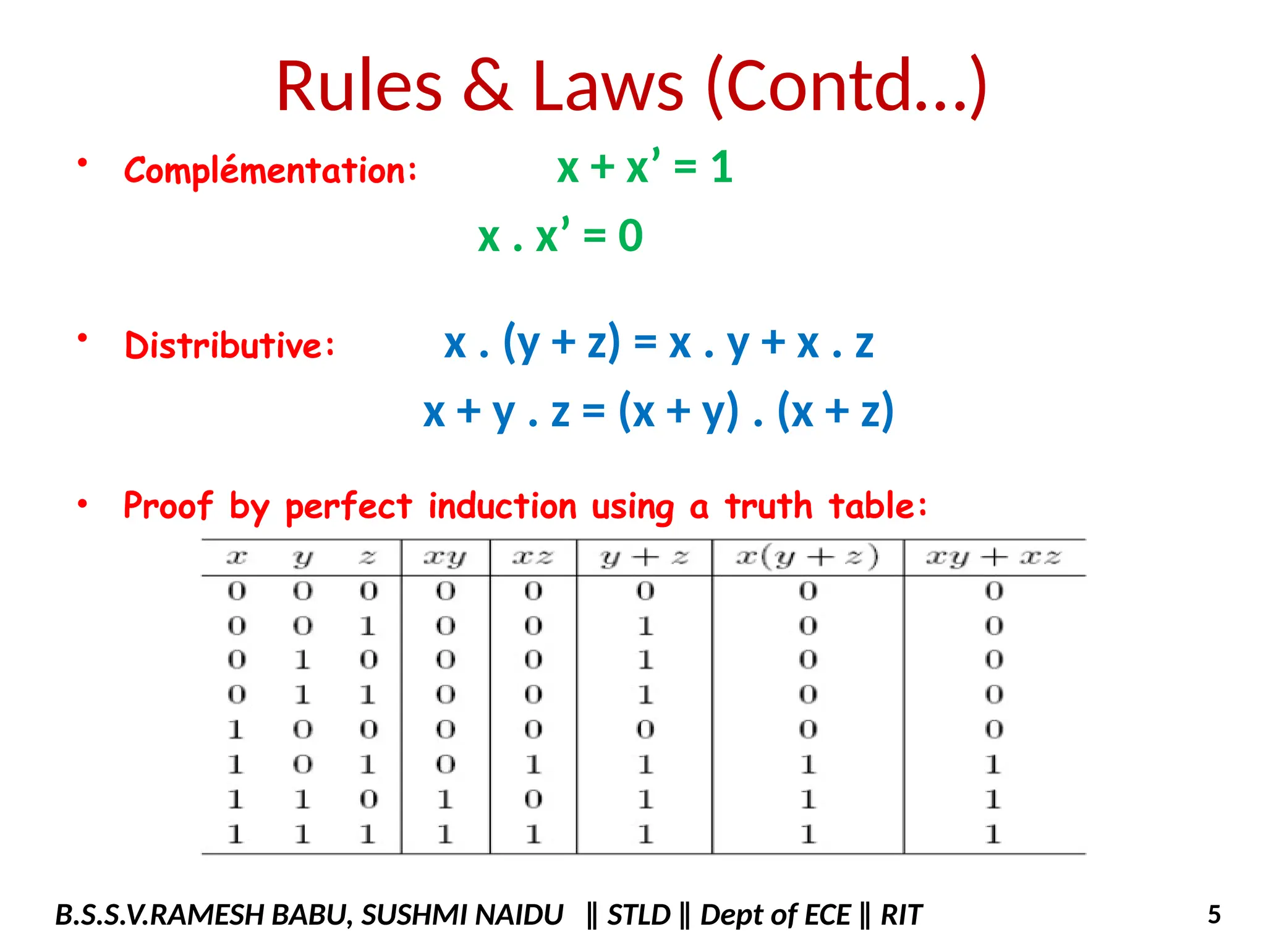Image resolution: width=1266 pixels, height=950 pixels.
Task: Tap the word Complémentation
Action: [270, 170]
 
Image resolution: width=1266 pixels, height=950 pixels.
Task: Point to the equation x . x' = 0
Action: [560, 236]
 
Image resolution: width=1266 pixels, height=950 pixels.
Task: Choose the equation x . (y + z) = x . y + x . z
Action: [658, 343]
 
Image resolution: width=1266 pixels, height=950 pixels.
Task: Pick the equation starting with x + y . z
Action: [658, 411]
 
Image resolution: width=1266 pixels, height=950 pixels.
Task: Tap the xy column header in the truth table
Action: [445, 558]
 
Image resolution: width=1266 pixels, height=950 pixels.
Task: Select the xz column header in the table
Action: [533, 558]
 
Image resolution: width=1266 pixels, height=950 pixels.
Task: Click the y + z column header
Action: [644, 558]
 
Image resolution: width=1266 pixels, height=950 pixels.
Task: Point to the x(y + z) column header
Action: [807, 558]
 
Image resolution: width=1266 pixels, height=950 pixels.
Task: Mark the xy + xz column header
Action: [993, 558]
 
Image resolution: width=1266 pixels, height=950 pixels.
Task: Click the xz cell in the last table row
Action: [533, 834]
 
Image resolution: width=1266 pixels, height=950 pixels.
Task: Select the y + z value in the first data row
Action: [645, 591]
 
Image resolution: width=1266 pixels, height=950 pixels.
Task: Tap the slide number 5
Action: [1214, 915]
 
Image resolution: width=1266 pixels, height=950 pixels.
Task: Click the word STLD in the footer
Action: [639, 915]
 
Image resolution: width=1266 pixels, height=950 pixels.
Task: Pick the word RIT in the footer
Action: [901, 915]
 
